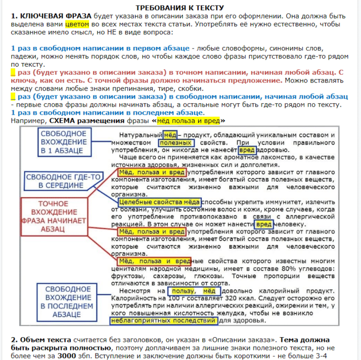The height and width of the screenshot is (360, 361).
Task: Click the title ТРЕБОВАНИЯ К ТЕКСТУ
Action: pos(179,7)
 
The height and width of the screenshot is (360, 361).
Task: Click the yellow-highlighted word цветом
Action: pos(77,24)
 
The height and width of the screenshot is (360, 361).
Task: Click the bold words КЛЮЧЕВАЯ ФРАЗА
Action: pos(46,16)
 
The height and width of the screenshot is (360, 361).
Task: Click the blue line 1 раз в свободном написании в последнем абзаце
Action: pos(107,112)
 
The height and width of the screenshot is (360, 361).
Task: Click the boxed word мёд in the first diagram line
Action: pos(169,134)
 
